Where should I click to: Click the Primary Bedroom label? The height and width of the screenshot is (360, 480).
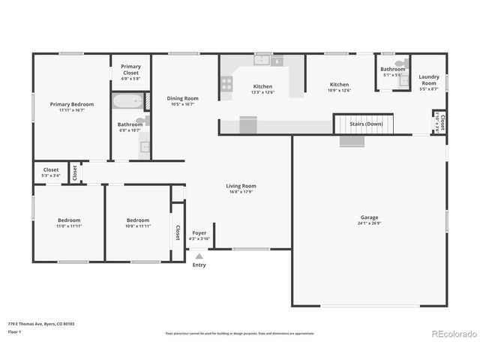(71, 104)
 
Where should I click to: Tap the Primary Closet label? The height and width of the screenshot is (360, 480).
(130, 69)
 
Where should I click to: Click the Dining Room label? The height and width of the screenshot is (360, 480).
(182, 98)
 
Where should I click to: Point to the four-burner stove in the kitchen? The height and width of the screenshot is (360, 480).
(226, 84)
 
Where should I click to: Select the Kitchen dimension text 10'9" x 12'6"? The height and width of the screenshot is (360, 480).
(340, 91)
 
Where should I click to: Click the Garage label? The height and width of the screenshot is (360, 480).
(369, 217)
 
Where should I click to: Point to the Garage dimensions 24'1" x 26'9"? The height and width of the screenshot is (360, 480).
(369, 223)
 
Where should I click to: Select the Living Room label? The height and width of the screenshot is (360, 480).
(241, 186)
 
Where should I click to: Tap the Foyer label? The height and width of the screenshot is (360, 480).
(199, 232)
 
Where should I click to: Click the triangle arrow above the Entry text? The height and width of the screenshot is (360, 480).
(199, 256)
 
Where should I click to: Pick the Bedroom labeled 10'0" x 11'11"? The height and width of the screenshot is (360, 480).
(138, 220)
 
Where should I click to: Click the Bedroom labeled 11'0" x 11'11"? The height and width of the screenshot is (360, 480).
(68, 220)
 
